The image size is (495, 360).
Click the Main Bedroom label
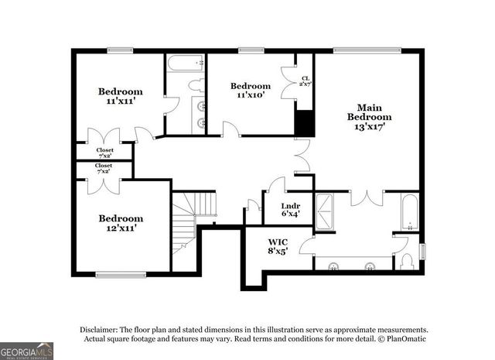click(x=369, y=112)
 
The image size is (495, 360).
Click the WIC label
click(x=278, y=240)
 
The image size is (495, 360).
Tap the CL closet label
click(x=306, y=78)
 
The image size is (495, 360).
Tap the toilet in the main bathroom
click(x=408, y=259)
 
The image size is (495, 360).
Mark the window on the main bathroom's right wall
click(x=422, y=252)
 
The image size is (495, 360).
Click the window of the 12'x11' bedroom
click(x=121, y=273)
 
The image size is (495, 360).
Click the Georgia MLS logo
click(x=27, y=350)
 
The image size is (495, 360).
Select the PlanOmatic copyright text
click(x=402, y=339)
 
